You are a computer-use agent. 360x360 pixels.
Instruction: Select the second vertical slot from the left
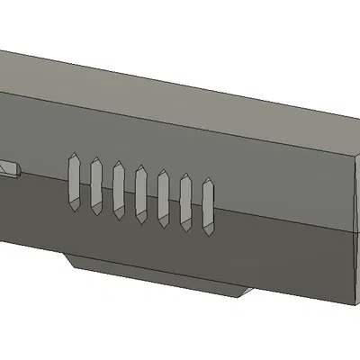(x=95, y=186)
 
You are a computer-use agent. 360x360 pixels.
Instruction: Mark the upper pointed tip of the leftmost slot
(x=75, y=155)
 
